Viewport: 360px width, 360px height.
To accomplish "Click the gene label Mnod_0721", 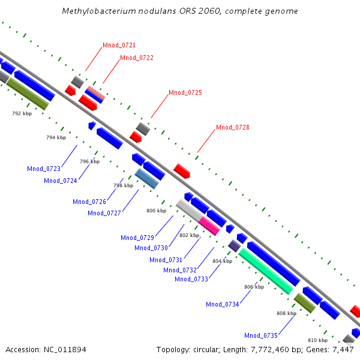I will click(x=119, y=45).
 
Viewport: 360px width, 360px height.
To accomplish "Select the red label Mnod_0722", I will click(x=137, y=58).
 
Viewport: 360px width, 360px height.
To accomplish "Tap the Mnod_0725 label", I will click(x=185, y=92).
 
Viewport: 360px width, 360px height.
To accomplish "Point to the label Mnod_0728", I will click(x=233, y=127).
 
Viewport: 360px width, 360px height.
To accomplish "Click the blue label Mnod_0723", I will click(x=43, y=169).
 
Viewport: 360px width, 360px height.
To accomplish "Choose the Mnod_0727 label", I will click(x=104, y=213).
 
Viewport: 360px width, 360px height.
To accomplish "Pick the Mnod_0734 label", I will click(x=223, y=304).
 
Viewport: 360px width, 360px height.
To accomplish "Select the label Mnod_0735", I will click(x=261, y=335).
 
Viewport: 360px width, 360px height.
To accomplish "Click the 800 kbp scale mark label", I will click(x=156, y=211).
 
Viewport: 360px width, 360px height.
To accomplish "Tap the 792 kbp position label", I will click(x=22, y=113).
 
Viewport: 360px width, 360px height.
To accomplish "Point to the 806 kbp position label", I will click(x=254, y=287).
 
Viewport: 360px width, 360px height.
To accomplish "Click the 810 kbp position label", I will click(x=317, y=340).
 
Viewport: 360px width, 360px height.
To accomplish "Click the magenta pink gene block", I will click(x=209, y=226).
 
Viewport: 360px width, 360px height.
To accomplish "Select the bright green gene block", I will click(x=266, y=271).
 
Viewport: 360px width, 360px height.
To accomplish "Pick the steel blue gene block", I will click(x=146, y=179).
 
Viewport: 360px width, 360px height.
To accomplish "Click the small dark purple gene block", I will click(x=234, y=245).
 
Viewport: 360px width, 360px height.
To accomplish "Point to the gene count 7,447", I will click(x=343, y=349).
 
